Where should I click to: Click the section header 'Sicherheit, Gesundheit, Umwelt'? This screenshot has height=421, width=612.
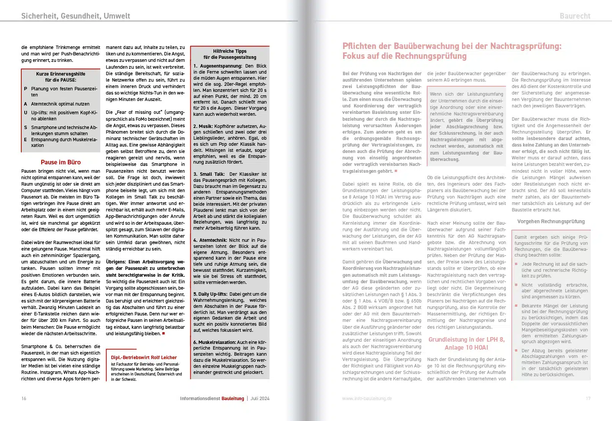76,16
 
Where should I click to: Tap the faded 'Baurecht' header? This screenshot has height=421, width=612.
575,16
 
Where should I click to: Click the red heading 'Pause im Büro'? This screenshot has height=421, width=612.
61,162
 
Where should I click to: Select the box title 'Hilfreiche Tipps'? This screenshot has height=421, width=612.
229,51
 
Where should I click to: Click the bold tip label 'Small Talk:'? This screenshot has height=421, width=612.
212,174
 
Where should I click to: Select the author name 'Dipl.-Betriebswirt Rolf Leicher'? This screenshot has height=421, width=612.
144,358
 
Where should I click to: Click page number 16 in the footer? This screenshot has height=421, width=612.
24,399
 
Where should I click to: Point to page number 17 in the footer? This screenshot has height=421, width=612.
588,399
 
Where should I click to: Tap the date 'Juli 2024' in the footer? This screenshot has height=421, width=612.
260,399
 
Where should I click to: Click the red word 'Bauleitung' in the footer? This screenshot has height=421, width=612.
232,399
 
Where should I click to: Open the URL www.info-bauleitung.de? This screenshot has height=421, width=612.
367,399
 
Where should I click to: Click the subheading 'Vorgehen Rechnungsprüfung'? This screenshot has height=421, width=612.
551,222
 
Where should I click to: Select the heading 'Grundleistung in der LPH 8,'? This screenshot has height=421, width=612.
467,340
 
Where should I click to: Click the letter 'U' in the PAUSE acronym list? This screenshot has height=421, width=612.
25,113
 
